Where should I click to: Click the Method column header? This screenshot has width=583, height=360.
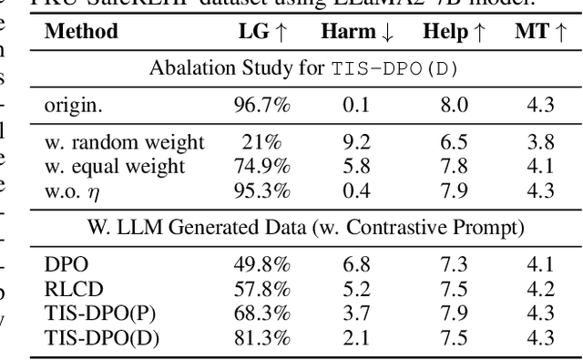81,31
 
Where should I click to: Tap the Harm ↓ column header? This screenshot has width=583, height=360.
357,31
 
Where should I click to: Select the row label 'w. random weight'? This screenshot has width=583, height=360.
124,143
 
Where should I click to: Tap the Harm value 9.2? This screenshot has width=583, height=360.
357,143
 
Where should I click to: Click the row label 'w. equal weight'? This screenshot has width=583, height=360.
115,166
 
